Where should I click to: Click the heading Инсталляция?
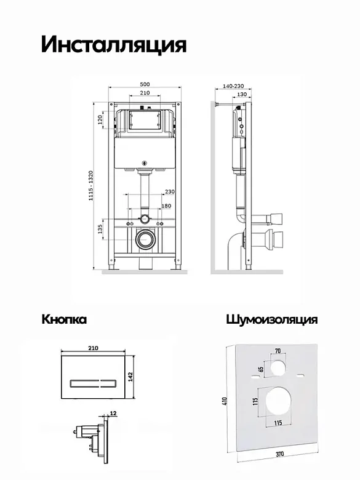pos(114,46)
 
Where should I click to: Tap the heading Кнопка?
pos(64,319)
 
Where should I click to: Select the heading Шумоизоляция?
pos(272,319)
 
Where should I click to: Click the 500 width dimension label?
pos(145,84)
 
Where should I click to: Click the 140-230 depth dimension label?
pos(233,86)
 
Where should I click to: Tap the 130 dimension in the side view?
pos(242,94)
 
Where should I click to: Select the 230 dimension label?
pos(170,191)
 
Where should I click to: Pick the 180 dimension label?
pos(166,206)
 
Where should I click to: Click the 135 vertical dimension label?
pos(100,229)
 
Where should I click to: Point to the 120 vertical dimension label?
pos(100,120)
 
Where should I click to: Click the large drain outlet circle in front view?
pos(145,238)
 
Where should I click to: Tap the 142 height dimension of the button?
pos(130,377)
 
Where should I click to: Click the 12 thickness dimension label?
pos(113,414)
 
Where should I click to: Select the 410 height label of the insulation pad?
pos(225,401)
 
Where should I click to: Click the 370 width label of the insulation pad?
pos(279,454)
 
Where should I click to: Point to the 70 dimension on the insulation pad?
pos(278,351)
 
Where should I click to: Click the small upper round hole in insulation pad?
pos(279,367)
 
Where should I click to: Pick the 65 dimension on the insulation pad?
pos(261,369)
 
